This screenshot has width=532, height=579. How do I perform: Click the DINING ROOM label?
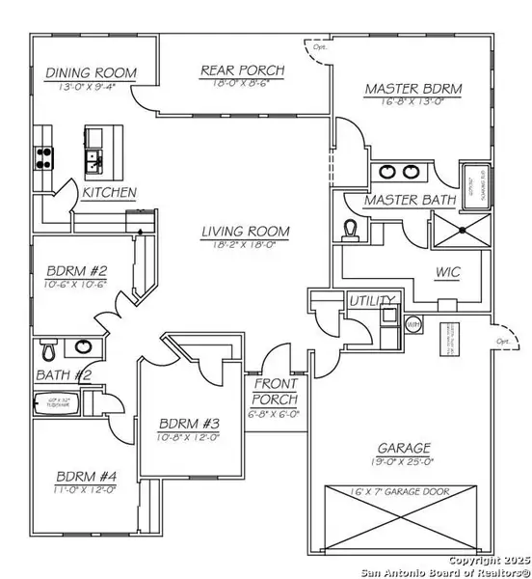91,73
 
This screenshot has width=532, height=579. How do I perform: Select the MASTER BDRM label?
413,90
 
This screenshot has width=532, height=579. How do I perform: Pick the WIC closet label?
449,274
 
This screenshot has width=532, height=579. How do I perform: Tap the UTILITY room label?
370,300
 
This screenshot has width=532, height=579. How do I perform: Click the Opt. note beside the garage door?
501,342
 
